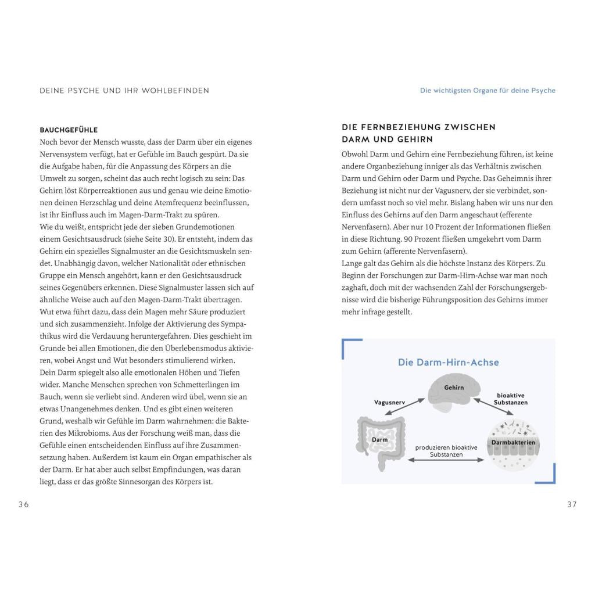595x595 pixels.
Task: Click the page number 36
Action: (x=23, y=504)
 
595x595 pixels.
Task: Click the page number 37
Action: (x=572, y=504)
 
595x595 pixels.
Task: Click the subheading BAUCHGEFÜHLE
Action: (x=69, y=130)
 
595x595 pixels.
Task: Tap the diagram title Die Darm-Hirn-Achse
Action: (x=448, y=363)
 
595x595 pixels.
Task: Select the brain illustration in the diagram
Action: (x=454, y=390)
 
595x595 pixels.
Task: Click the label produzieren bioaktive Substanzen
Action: (x=446, y=451)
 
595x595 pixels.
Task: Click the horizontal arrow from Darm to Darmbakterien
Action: (x=446, y=460)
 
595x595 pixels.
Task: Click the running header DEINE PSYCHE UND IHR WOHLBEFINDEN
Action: (x=124, y=91)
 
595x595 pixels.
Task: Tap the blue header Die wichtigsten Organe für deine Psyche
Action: (x=488, y=91)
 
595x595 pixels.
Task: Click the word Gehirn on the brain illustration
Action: (x=454, y=387)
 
